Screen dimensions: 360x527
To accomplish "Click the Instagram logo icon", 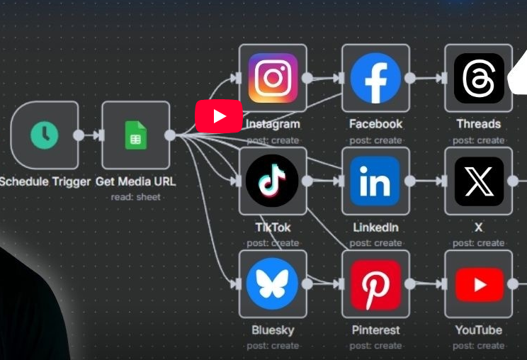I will [x=273, y=78].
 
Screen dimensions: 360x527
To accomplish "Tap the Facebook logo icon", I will [x=375, y=78].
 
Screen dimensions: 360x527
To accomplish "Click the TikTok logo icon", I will [x=273, y=181].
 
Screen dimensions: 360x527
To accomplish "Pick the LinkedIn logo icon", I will [x=375, y=181].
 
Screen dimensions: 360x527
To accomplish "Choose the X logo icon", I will [x=479, y=181].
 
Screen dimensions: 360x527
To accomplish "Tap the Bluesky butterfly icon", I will [x=273, y=284].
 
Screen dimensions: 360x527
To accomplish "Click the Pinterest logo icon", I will [x=375, y=284].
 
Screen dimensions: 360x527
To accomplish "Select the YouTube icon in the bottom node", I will [x=479, y=284].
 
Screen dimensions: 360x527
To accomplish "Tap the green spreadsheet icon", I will [x=135, y=135].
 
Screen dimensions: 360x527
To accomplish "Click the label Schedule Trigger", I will [x=45, y=181].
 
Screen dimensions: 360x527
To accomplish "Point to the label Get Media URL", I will [x=135, y=181].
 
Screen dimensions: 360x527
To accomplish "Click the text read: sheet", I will [x=135, y=196].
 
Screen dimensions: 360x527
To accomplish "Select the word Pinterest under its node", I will [x=375, y=330].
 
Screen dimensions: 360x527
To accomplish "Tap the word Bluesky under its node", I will [x=273, y=330].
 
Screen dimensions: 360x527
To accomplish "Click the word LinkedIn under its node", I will [x=375, y=227].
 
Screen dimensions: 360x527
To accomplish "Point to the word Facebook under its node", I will [x=375, y=124].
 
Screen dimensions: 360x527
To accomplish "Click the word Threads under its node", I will [x=478, y=124].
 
